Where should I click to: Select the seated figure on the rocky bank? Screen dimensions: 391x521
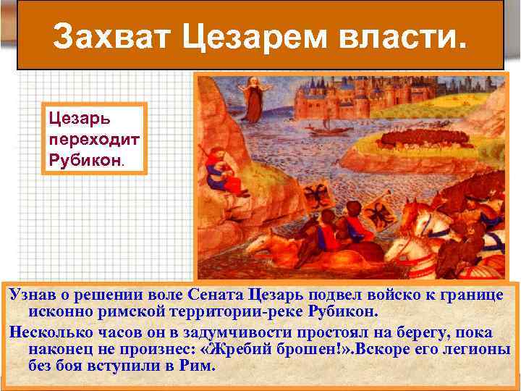click(216, 170)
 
